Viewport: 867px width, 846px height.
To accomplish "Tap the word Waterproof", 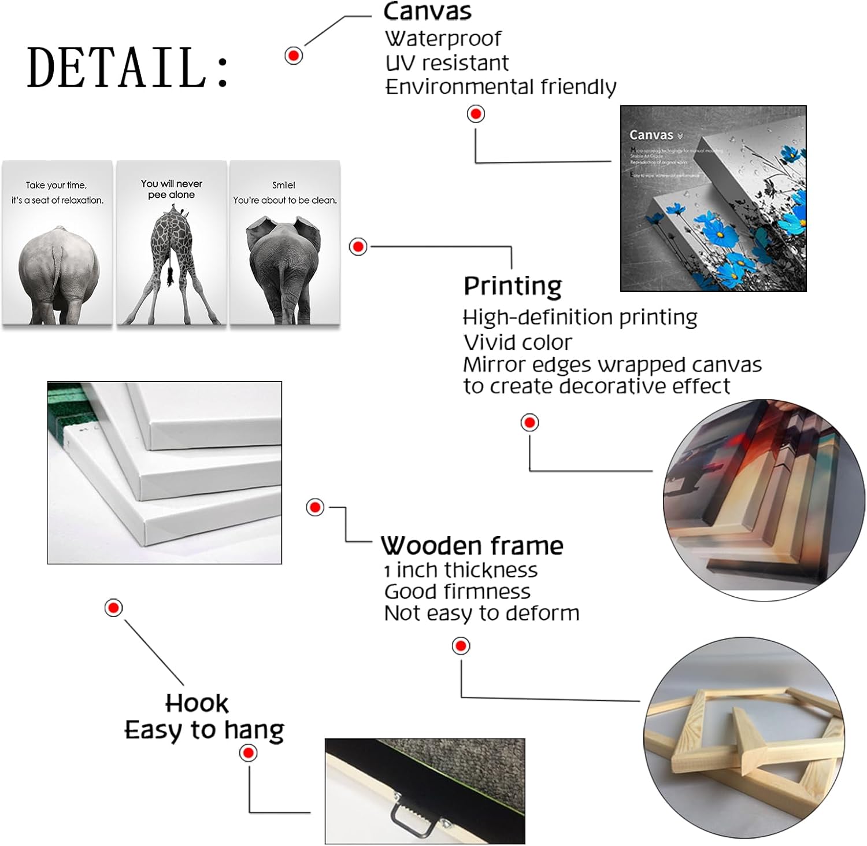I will coord(443,39).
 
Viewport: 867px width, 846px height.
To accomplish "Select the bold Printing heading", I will coord(513,286).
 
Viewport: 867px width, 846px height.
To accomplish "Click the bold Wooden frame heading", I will coord(472,545).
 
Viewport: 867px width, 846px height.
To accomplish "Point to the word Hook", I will coord(197,703).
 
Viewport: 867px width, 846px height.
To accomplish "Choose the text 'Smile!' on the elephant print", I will coord(284,185).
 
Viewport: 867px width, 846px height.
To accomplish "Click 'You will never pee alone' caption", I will coord(172,189).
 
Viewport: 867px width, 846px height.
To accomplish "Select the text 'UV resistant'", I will coord(447,63).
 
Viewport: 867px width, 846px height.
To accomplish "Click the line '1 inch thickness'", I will coord(461,570).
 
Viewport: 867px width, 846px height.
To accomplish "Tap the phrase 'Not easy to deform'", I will coord(481,613).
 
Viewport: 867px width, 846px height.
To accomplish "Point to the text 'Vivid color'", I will coord(517,342).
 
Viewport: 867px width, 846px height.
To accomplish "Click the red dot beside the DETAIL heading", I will coord(294,56).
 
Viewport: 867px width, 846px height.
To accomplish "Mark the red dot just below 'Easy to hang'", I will coord(249,753).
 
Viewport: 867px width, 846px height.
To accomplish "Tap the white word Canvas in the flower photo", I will coord(651,135).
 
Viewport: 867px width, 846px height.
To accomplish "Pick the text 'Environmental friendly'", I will coord(501,87).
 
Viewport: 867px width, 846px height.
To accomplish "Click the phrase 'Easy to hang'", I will coord(204,730).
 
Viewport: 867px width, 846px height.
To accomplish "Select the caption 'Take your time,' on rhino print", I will coord(56,185).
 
